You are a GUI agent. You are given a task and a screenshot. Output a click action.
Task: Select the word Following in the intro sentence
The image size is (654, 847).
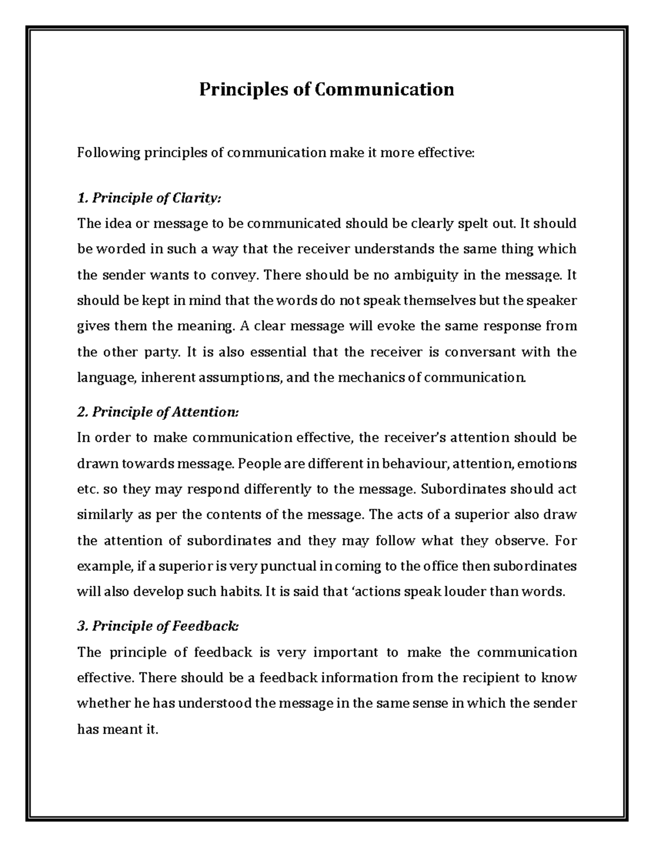(108, 153)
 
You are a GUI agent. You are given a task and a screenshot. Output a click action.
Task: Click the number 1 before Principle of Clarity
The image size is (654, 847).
(82, 198)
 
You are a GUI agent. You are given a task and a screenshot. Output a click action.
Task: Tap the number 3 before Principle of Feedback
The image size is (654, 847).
(82, 626)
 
